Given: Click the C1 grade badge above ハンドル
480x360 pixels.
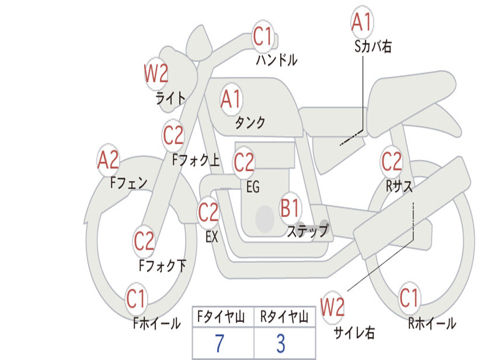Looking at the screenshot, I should (262, 36).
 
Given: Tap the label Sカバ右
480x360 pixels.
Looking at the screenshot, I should (373, 46).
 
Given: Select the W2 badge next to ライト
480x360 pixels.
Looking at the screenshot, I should (156, 74).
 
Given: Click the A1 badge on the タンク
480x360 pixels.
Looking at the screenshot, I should (231, 99).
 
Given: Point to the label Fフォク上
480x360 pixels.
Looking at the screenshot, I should (195, 161).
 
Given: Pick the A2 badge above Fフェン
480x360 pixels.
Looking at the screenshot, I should (108, 160).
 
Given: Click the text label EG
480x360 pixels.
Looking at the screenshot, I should (253, 187).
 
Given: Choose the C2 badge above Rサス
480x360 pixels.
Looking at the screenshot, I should (391, 162).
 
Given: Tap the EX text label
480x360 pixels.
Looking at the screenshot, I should (212, 237).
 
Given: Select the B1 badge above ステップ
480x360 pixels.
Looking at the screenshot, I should (290, 209).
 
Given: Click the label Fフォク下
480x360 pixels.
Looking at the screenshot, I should (162, 266).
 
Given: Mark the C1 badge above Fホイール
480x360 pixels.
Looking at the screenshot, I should (136, 299).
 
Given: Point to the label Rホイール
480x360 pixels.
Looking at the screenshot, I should (432, 323).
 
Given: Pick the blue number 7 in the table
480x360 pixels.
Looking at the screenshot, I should (219, 344).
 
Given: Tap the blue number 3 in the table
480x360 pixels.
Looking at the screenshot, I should (280, 344).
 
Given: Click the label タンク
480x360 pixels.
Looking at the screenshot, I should (250, 123).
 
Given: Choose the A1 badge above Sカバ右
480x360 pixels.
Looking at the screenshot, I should (361, 22).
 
